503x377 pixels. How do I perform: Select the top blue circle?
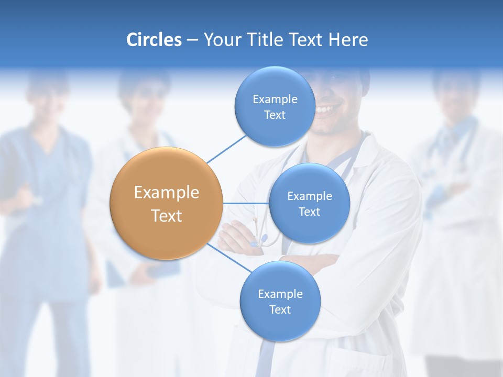274,106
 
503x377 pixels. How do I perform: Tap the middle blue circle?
309,204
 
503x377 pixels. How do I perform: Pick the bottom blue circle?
280,302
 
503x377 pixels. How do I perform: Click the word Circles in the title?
154,40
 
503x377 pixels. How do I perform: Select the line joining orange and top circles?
226,148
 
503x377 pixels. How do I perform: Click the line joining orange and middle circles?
246,203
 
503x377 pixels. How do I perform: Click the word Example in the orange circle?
167,192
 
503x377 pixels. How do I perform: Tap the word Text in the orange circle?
167,216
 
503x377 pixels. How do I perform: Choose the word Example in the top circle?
275,99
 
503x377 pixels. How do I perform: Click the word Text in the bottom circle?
280,309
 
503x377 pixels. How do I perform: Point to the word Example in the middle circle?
310,196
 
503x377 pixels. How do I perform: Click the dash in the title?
192,40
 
